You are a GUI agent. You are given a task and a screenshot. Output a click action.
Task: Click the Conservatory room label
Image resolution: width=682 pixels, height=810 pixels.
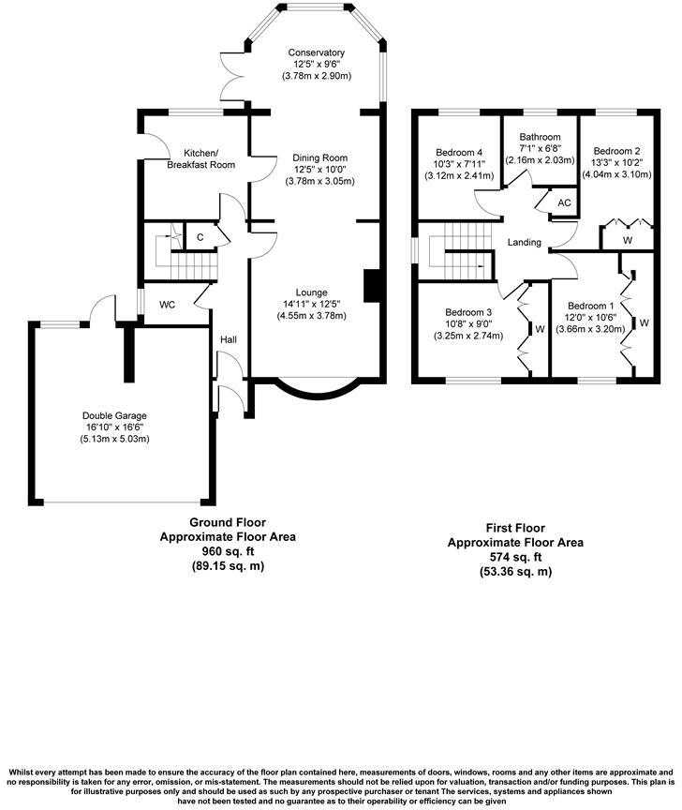(x=317, y=52)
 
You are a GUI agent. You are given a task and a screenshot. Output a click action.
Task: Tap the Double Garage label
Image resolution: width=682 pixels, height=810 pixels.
(x=114, y=415)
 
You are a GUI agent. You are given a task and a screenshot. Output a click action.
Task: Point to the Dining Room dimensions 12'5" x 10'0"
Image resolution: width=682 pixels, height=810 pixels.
(x=319, y=170)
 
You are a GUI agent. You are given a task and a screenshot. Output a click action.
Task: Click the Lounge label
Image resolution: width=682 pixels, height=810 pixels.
(x=312, y=292)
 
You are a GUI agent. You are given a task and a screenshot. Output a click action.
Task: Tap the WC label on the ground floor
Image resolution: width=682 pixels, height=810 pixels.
(x=169, y=305)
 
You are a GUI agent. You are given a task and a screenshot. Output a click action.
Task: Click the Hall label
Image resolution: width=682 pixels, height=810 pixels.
(x=229, y=338)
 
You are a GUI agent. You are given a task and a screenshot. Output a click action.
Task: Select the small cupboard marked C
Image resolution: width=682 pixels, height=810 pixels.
(x=200, y=236)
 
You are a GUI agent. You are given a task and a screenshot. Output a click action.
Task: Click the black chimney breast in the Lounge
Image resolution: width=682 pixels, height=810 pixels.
(x=372, y=286)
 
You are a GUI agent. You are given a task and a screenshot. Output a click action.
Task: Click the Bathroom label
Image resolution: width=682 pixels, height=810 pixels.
(x=540, y=137)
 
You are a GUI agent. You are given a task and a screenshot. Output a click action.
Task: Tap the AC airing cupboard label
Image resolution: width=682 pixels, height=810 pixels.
(x=564, y=202)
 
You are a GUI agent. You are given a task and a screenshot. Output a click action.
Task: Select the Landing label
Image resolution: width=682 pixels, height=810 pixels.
(x=524, y=243)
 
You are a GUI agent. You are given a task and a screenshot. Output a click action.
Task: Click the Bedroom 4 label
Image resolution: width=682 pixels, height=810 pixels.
(x=459, y=152)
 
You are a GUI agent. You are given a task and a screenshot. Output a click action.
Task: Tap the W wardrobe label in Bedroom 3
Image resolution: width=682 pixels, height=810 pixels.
(x=541, y=329)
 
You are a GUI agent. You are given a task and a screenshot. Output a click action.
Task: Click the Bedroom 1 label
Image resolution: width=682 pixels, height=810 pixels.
(x=591, y=306)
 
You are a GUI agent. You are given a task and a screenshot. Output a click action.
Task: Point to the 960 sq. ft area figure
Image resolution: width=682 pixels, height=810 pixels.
(x=228, y=552)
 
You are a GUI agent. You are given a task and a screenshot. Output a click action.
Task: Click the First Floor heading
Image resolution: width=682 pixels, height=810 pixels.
(x=515, y=529)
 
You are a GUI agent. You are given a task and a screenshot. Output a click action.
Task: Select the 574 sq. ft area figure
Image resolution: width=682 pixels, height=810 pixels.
(x=515, y=557)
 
